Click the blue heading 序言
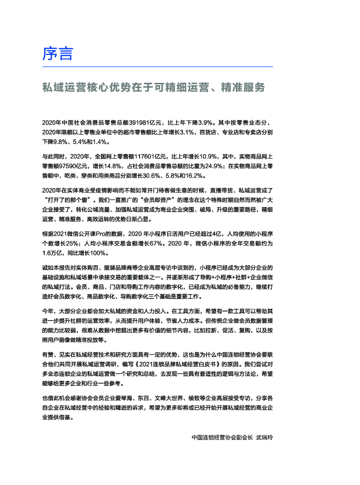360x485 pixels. [58, 54]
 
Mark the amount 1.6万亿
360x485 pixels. [54, 253]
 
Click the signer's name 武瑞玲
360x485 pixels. [264, 437]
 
